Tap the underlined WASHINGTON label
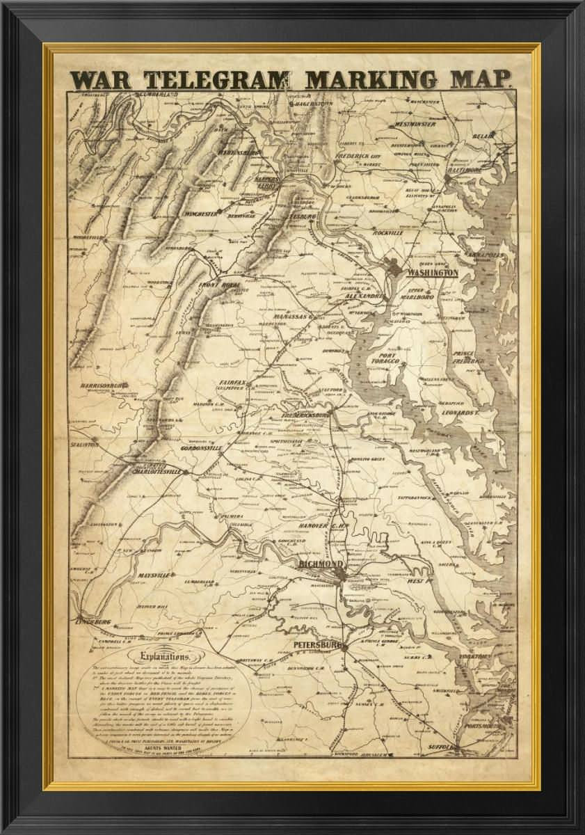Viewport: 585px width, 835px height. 433,273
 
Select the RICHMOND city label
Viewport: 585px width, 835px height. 320,563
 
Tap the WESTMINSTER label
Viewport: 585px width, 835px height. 415,124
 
